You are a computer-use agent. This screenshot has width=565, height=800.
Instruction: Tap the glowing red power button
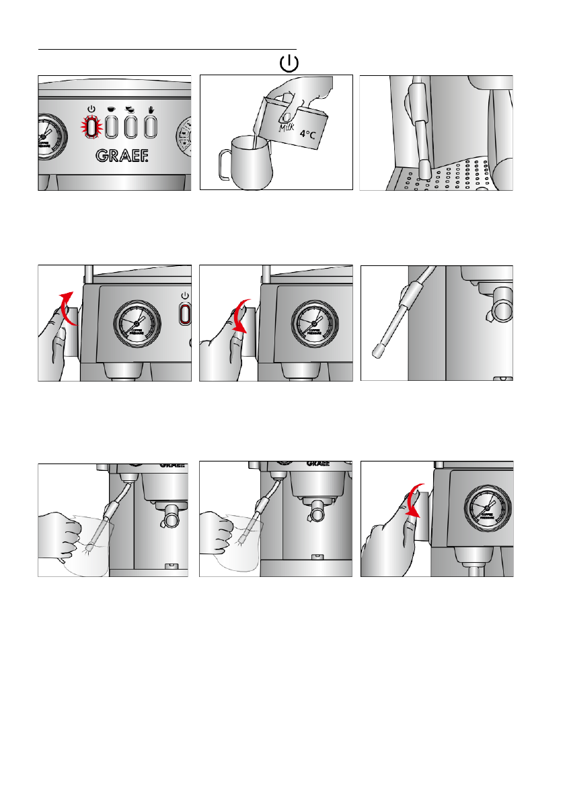point(91,126)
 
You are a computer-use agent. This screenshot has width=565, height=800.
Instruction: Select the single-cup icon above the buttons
point(111,108)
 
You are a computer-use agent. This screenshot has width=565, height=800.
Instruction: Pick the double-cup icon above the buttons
point(130,108)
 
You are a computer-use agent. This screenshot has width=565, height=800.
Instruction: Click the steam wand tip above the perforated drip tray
point(425,170)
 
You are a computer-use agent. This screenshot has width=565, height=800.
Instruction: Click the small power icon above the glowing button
point(91,108)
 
